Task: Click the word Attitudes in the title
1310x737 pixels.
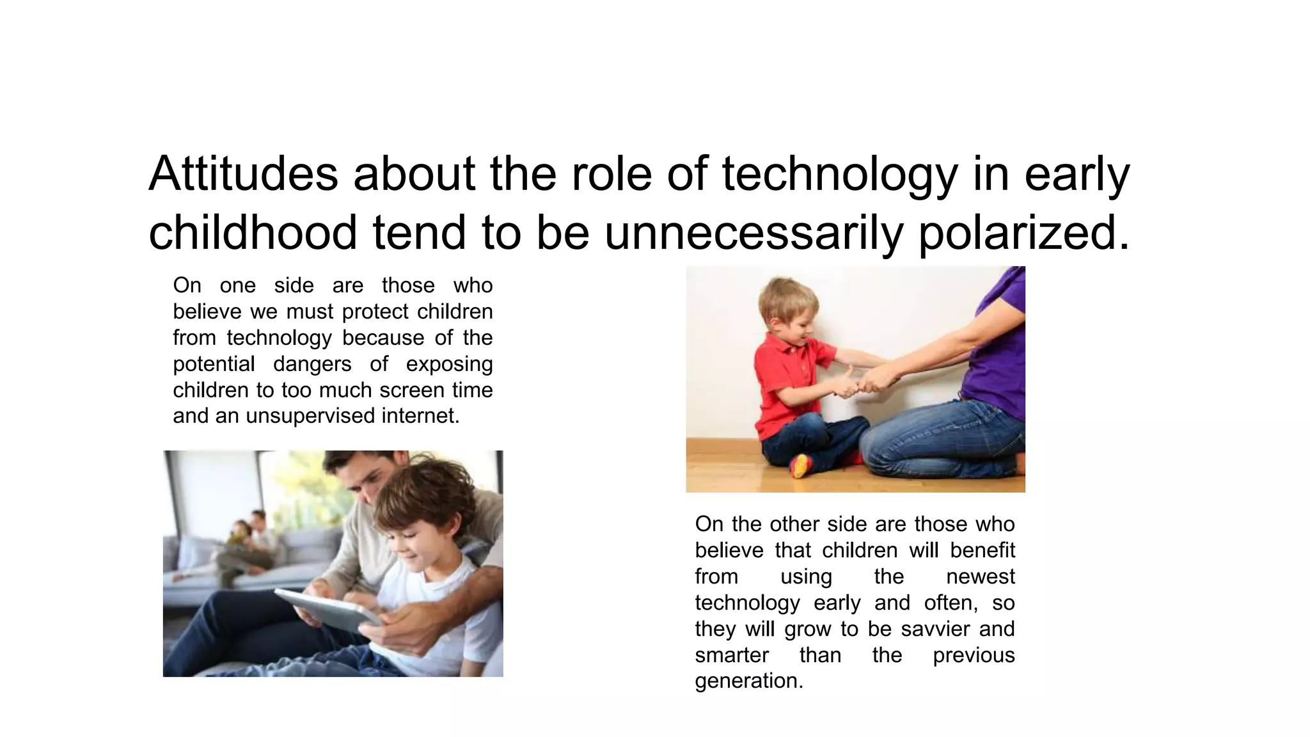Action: [x=243, y=174]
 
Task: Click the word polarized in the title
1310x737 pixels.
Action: [x=1023, y=233]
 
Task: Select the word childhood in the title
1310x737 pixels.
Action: [x=253, y=233]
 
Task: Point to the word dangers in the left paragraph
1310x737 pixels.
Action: [x=312, y=364]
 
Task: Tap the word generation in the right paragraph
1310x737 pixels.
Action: [x=748, y=681]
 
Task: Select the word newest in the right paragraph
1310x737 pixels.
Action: [x=980, y=576]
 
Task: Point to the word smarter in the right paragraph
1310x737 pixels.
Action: [x=732, y=655]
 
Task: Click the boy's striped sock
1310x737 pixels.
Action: [x=800, y=466]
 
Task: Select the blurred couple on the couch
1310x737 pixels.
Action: [x=246, y=544]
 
